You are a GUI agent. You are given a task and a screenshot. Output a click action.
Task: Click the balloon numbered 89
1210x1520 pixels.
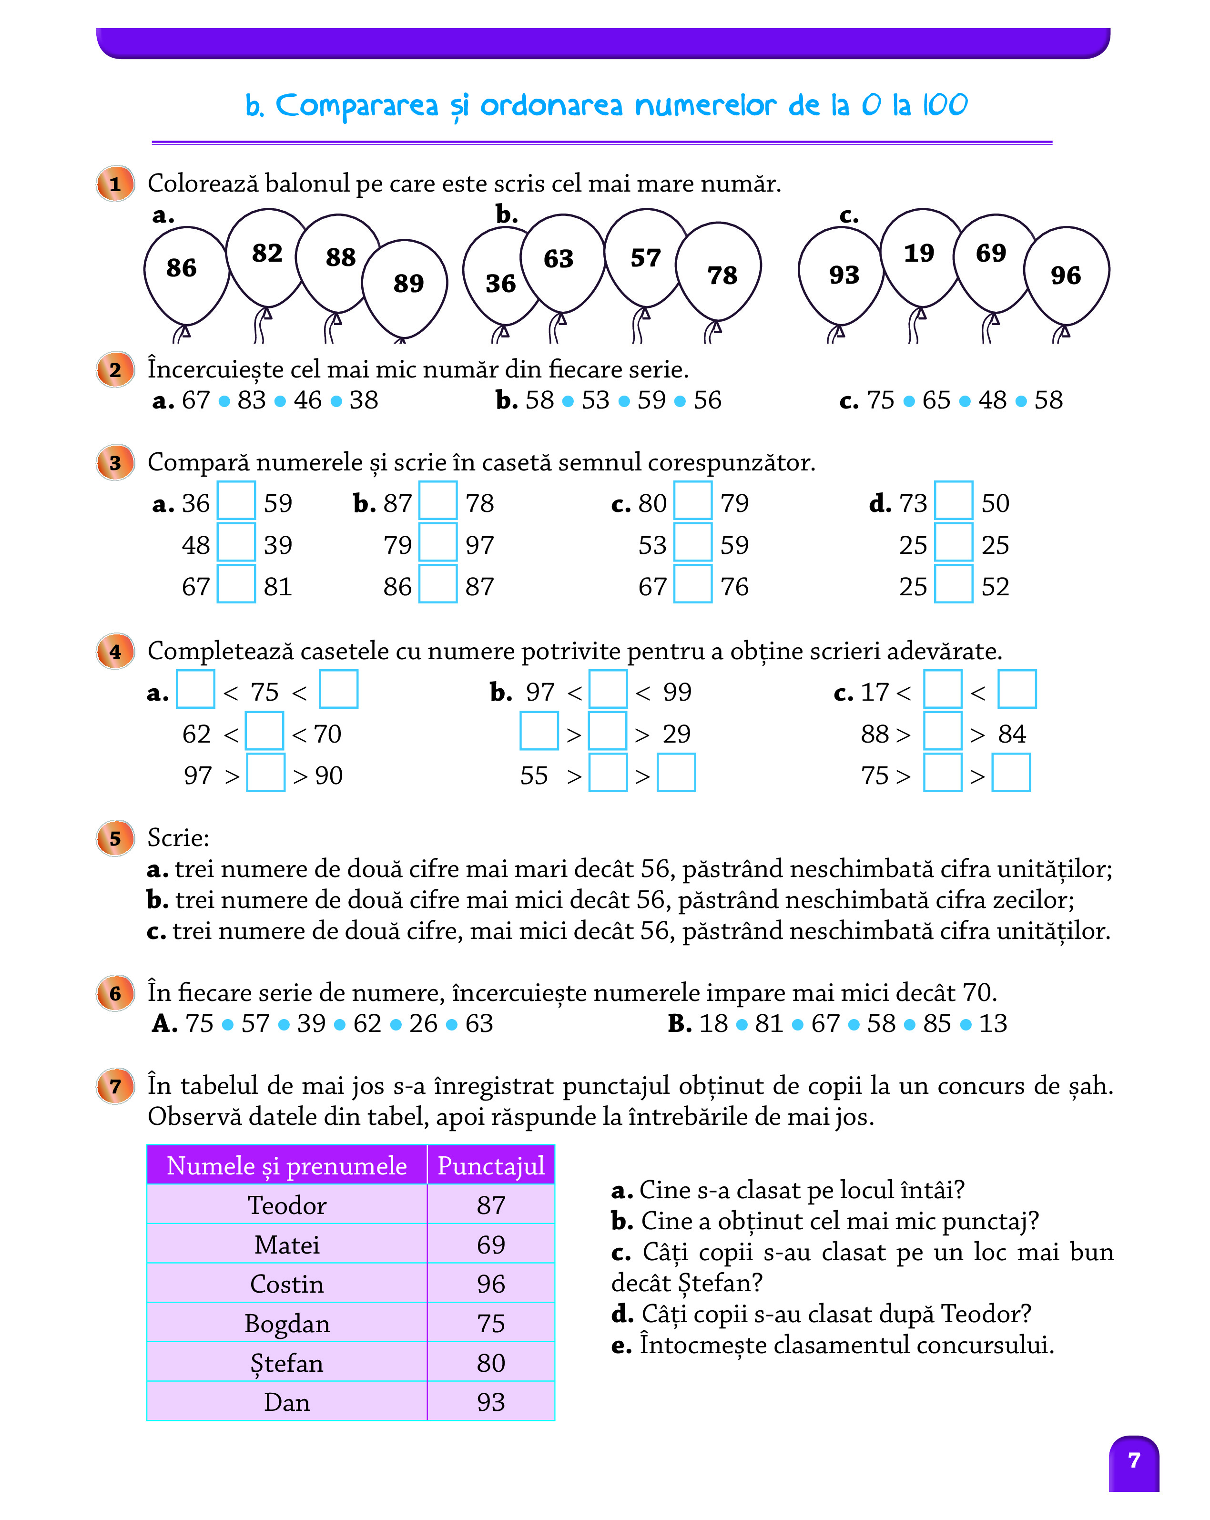[x=406, y=286]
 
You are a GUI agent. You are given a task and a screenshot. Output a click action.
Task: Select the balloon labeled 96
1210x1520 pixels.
[x=1066, y=276]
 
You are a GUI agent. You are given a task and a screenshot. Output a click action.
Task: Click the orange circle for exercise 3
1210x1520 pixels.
[x=115, y=463]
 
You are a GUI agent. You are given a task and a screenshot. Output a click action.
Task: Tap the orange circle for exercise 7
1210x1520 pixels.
[x=115, y=1086]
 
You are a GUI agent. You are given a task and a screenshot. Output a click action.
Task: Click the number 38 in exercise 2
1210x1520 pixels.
[x=364, y=400]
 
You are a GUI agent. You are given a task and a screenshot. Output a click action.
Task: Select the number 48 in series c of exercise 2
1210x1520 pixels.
[x=992, y=400]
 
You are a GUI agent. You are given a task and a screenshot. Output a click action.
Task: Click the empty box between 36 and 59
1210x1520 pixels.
[x=235, y=500]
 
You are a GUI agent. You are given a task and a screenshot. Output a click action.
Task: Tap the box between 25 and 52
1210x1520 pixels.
[x=954, y=584]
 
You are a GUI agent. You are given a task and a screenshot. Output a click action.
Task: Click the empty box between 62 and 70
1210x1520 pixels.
[x=264, y=731]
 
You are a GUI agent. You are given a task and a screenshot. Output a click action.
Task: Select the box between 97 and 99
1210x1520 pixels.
[x=608, y=690]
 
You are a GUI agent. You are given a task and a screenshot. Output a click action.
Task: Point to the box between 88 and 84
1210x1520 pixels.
[x=942, y=731]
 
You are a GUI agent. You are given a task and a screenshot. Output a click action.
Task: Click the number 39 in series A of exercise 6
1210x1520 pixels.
[x=311, y=1024]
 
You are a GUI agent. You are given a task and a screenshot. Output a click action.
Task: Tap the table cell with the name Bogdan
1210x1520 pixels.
[x=287, y=1323]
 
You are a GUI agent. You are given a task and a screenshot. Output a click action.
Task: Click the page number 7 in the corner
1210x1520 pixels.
[x=1133, y=1460]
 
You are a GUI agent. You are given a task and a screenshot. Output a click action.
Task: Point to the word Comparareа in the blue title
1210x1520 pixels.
[x=356, y=106]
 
